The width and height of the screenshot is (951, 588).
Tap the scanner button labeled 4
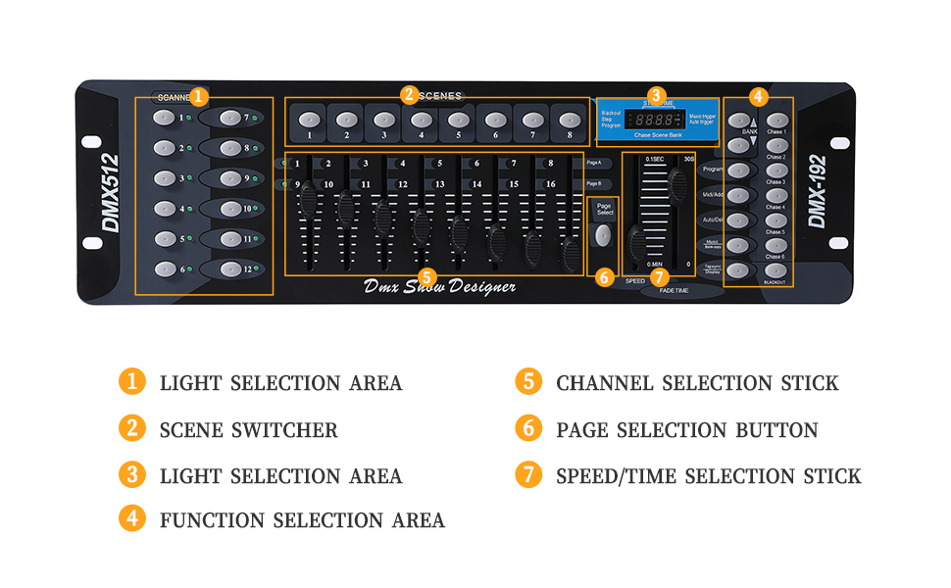coord(163,209)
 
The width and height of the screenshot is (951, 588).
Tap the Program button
coord(738,170)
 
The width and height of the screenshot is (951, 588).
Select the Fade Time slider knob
coord(677,181)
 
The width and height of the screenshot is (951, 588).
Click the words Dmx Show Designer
coord(439,287)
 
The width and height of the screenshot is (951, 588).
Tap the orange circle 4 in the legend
coord(132,519)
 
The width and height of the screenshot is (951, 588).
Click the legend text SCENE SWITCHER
coord(248,430)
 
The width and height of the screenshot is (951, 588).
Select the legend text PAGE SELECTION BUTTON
coord(686,430)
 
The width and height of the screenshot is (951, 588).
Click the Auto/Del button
coord(738,220)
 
